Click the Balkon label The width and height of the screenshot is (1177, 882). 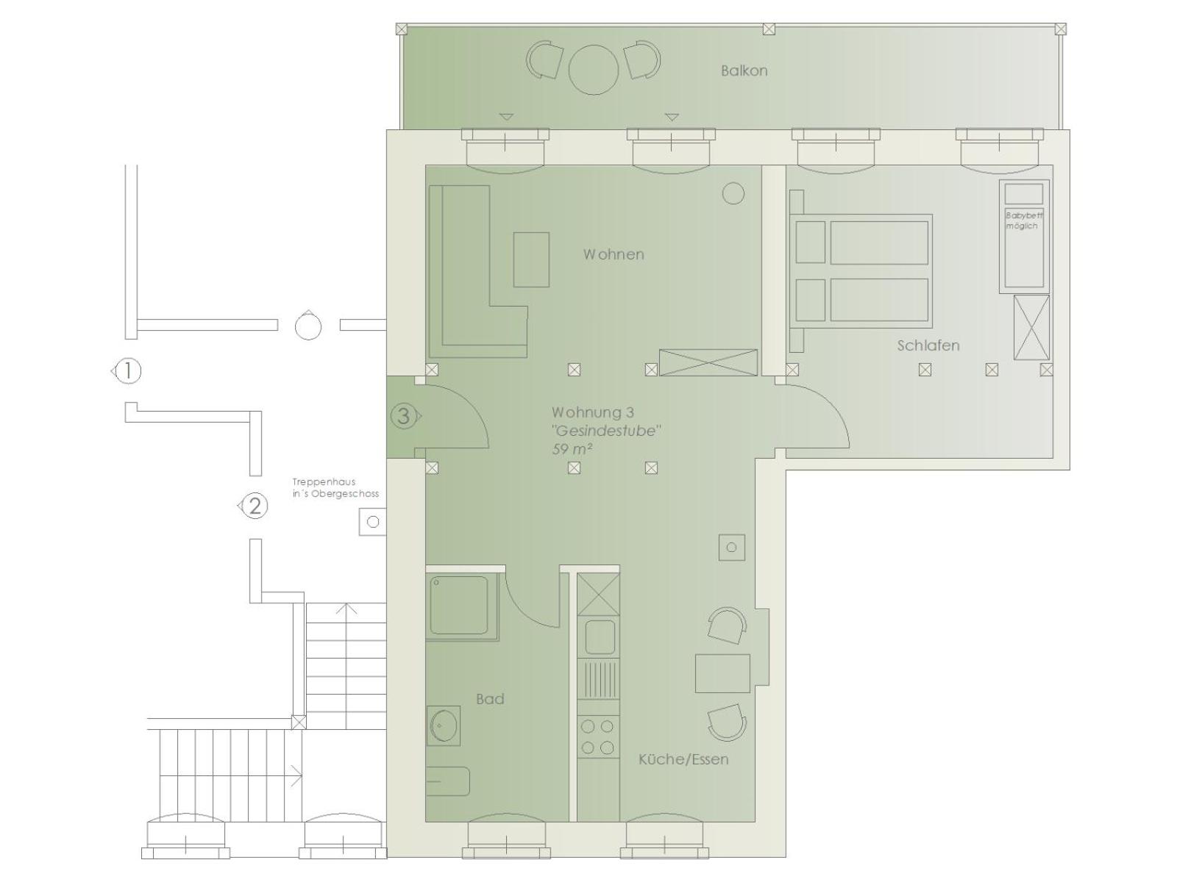click(x=744, y=71)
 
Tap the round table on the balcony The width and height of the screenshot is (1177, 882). click(x=593, y=70)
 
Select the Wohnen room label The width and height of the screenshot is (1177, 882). click(x=614, y=254)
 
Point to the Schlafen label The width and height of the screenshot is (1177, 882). click(x=928, y=345)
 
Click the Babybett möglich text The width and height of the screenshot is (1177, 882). click(x=1024, y=220)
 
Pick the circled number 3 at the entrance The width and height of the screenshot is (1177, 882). click(x=403, y=416)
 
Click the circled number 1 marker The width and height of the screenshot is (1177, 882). click(x=127, y=370)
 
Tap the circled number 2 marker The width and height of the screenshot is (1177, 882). click(x=255, y=506)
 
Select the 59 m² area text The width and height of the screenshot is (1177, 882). click(x=572, y=449)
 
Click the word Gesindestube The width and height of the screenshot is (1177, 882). click(x=606, y=431)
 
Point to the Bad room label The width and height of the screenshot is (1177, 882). click(x=490, y=699)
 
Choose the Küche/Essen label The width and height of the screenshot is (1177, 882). click(x=683, y=759)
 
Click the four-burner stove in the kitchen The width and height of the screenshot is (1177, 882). click(x=597, y=736)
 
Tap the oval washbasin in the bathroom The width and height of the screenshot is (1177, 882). click(x=443, y=725)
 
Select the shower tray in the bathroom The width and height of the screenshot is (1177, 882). click(x=462, y=607)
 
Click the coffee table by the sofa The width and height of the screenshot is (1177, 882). click(x=531, y=259)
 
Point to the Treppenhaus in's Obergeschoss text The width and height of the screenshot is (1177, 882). click(x=335, y=488)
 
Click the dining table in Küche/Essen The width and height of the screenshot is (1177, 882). click(x=722, y=673)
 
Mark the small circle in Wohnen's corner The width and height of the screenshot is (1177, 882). click(x=733, y=193)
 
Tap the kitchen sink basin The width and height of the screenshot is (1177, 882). click(x=600, y=637)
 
